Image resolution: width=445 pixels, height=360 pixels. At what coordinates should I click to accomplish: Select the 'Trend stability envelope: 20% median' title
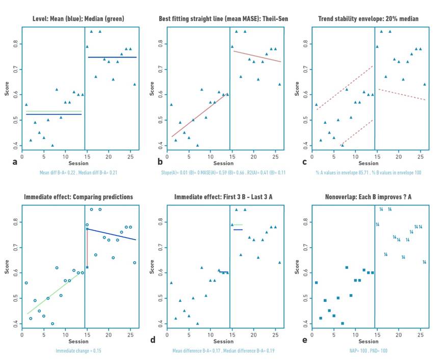tap(369, 19)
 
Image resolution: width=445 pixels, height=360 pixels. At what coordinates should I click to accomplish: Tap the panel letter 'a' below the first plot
tap(14, 162)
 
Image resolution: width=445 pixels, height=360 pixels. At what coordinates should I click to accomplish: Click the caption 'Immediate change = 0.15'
tap(78, 351)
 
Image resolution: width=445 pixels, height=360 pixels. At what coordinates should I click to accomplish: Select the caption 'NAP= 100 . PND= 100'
tap(369, 351)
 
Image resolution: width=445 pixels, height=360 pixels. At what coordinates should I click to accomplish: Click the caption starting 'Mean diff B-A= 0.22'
tap(78, 172)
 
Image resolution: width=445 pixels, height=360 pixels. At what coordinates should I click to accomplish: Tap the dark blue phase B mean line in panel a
tap(112, 57)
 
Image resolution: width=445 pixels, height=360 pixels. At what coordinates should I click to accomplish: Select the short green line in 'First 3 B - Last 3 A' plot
tap(238, 224)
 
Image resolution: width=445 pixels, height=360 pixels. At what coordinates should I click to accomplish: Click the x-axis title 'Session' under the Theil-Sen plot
tap(223, 163)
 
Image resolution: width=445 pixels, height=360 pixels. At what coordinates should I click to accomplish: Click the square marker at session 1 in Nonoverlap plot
tap(316, 282)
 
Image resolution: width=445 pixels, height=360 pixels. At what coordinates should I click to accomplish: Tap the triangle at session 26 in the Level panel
tap(135, 84)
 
